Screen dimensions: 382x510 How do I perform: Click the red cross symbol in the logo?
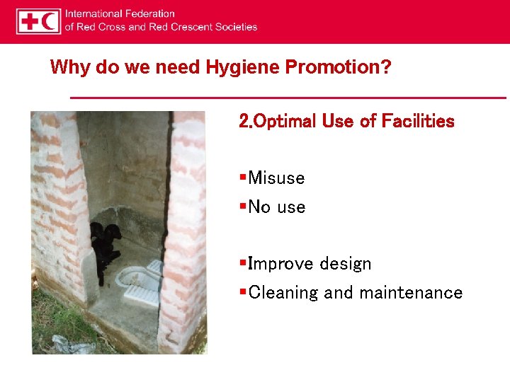pyautogui.click(x=30, y=21)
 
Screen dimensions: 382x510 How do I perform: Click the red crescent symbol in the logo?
pyautogui.click(x=50, y=21)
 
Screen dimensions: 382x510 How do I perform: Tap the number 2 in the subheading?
pyautogui.click(x=244, y=122)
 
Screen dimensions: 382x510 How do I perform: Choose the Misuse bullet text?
pyautogui.click(x=276, y=178)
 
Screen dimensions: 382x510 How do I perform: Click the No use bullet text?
pyautogui.click(x=277, y=207)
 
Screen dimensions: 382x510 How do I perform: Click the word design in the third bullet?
pyautogui.click(x=345, y=264)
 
